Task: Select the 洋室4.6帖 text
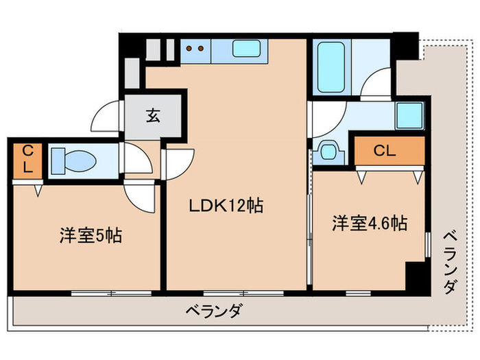(370, 224)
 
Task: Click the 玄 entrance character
(152, 117)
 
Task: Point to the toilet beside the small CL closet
(75, 162)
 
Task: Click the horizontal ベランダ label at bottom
(213, 311)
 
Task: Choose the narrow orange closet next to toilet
(27, 160)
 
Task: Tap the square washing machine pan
(409, 115)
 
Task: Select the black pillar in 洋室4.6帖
(414, 275)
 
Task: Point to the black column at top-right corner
(407, 44)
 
